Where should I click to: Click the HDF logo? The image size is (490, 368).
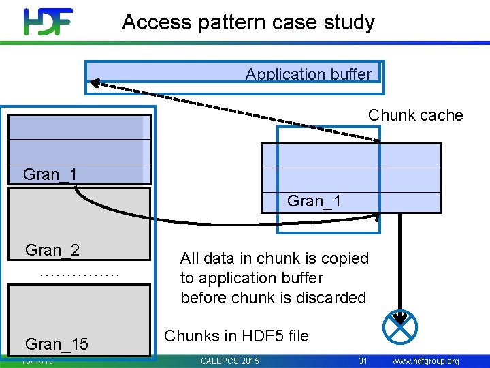[x=48, y=22]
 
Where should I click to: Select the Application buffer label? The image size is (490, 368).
[x=308, y=74]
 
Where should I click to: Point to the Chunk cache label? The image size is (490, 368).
[x=415, y=115]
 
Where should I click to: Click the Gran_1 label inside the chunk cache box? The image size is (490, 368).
[x=314, y=201]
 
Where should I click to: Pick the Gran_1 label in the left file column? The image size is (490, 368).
[x=50, y=174]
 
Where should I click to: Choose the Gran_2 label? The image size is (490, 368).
[x=52, y=250]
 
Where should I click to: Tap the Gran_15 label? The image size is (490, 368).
[x=56, y=344]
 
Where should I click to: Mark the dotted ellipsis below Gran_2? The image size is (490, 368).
[x=80, y=274]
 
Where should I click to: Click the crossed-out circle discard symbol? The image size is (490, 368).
[x=400, y=326]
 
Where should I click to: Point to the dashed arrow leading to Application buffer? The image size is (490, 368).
[x=231, y=109]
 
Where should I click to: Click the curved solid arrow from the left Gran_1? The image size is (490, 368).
[x=204, y=221]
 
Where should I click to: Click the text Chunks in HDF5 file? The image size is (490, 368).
[x=236, y=336]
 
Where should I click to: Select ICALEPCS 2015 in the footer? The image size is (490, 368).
[x=227, y=361]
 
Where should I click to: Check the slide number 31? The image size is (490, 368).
[x=363, y=361]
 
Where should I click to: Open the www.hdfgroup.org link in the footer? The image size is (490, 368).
[x=425, y=361]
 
